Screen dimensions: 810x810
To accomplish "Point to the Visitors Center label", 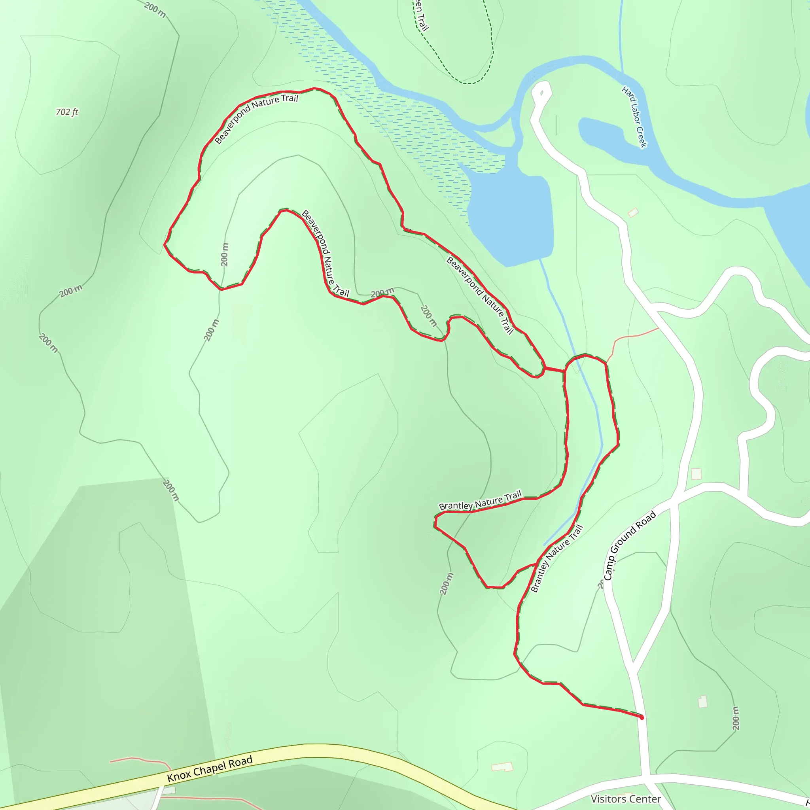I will pos(626,799).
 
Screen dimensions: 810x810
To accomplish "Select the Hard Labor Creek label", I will pos(634,117).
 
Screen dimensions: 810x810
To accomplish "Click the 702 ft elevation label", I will pos(67,112).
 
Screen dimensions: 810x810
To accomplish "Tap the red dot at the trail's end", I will pos(642,717).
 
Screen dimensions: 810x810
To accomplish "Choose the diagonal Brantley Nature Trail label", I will pos(557,558).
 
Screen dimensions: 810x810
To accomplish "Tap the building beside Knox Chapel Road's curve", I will pos(502,767).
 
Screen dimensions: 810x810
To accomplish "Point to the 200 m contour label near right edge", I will pos(735,718).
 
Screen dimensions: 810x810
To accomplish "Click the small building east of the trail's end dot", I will pos(702,701).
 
